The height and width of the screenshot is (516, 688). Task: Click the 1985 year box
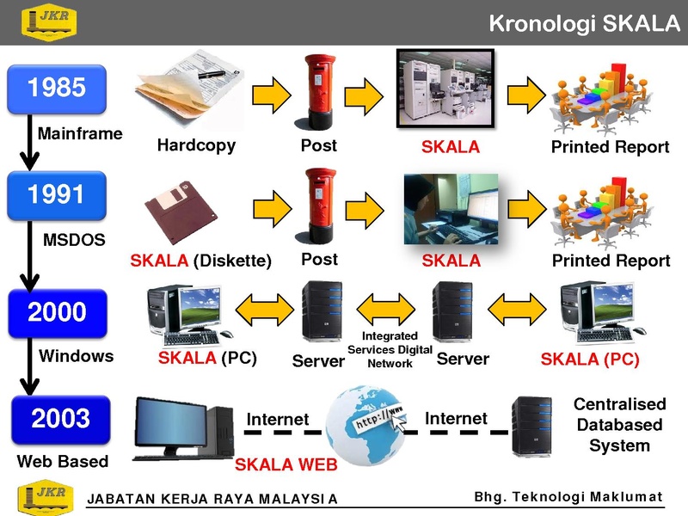57,89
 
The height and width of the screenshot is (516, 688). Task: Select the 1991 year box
57,195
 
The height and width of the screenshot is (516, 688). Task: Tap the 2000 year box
58,313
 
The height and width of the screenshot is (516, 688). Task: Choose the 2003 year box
60,420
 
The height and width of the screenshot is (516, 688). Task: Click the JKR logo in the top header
49,22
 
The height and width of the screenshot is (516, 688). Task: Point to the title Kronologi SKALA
584,23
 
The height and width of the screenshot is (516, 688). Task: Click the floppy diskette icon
181,212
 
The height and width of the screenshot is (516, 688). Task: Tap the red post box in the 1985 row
320,92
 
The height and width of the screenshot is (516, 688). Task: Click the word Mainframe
80,133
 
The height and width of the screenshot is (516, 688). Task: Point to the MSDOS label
74,240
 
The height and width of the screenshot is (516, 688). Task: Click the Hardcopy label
196,145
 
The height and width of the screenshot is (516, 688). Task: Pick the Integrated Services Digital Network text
390,350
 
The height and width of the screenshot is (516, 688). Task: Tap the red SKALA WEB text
286,464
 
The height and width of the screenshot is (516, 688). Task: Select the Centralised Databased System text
619,424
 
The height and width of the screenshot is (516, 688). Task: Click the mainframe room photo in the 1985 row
445,89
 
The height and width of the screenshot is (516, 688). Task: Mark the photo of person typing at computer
451,209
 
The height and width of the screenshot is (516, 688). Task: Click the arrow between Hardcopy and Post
272,95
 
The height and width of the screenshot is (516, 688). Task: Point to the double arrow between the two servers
385,310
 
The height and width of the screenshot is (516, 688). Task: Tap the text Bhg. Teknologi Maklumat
568,497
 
